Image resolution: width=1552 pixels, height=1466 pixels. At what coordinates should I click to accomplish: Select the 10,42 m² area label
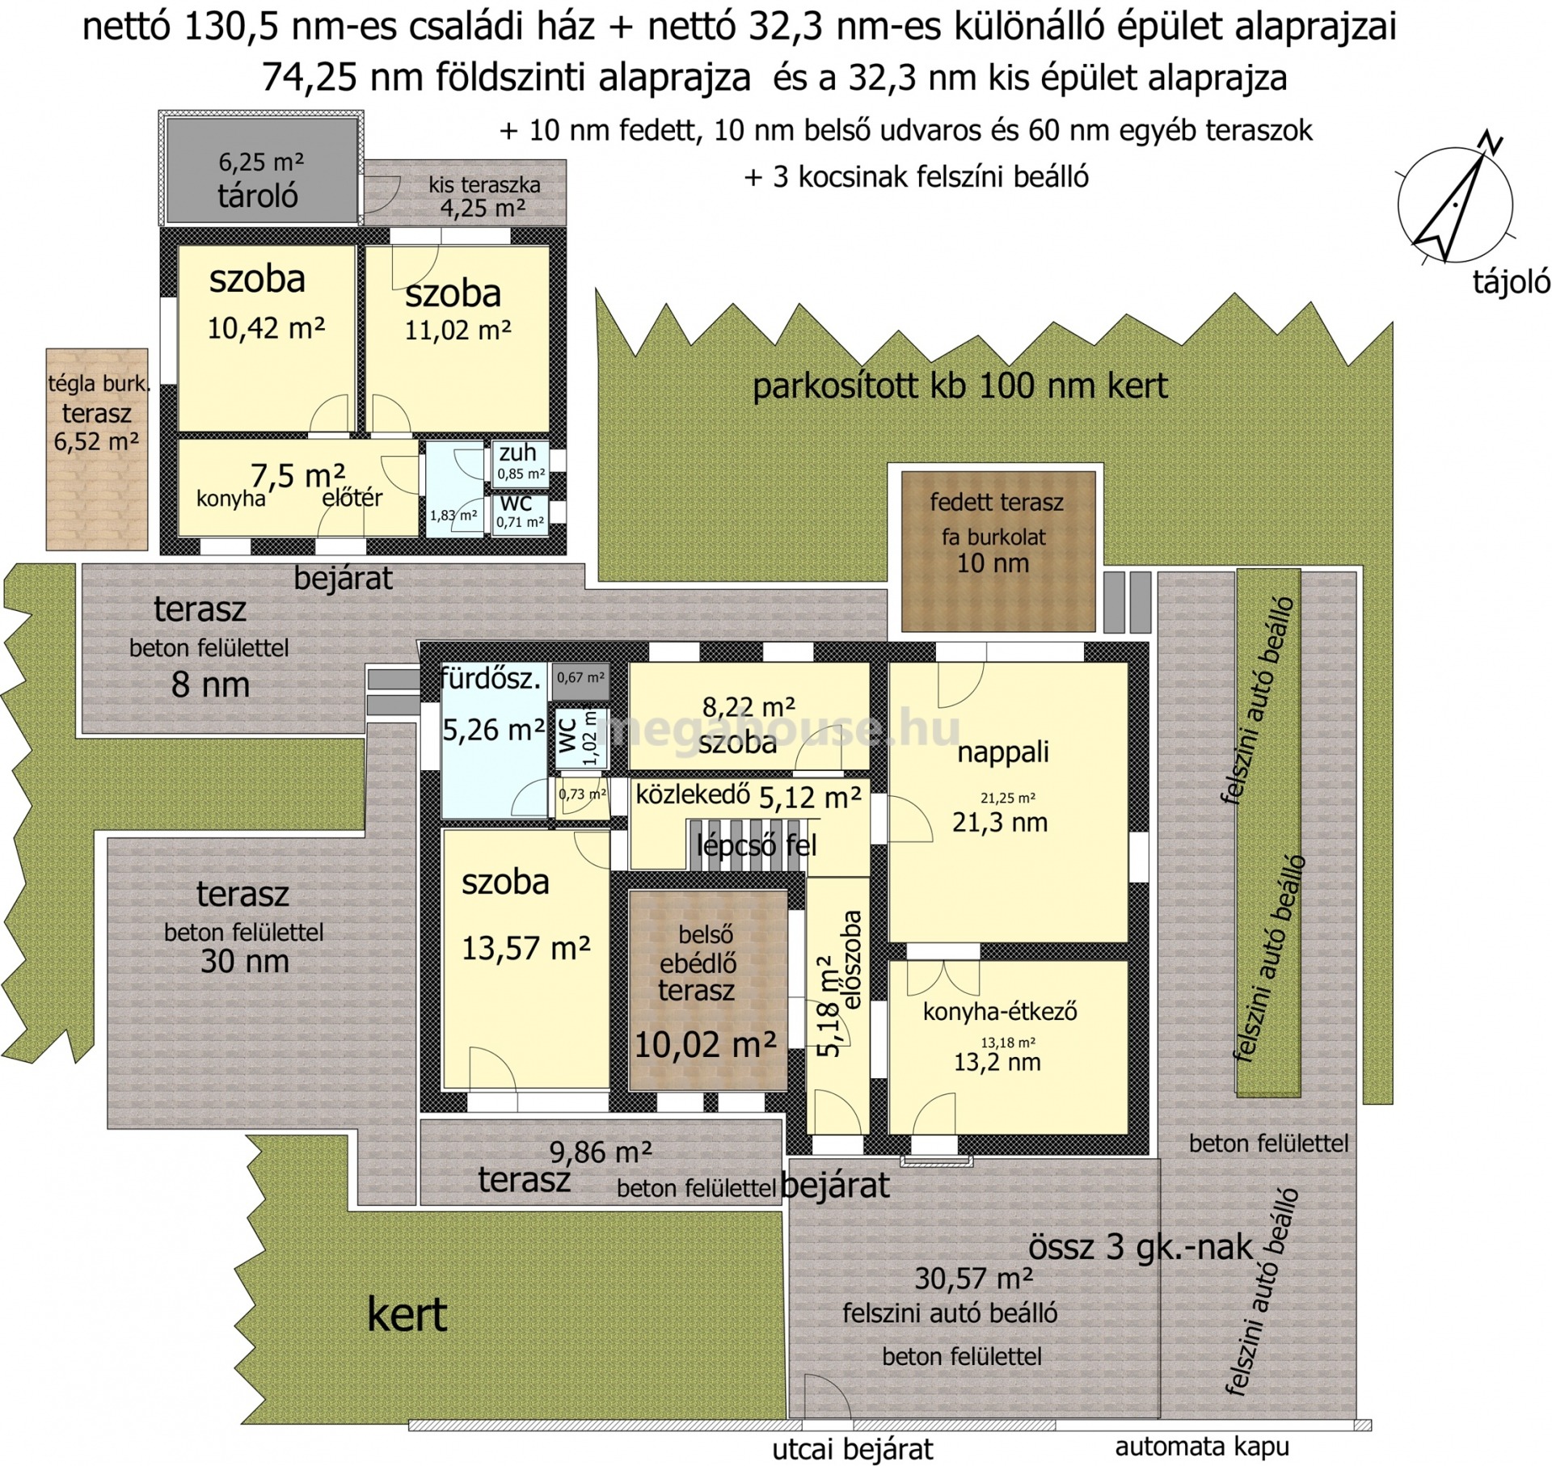[x=266, y=328]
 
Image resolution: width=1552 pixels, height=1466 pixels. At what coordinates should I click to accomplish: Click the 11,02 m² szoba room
[x=458, y=339]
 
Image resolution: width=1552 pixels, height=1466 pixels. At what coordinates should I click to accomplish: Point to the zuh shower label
[x=517, y=453]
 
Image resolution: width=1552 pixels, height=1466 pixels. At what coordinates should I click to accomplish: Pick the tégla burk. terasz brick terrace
[x=97, y=449]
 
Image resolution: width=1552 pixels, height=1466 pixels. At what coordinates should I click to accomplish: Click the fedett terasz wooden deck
[x=998, y=551]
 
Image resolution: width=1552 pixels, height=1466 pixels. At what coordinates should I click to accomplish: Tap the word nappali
[x=1003, y=752]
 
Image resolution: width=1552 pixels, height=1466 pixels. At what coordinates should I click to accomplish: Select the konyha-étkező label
[x=1000, y=1011]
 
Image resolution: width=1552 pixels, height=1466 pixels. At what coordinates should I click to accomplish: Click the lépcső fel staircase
[x=748, y=845]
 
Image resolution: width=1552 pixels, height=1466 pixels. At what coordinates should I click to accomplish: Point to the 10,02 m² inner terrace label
[x=705, y=1044]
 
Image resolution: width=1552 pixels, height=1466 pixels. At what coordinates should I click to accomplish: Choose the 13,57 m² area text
[x=525, y=947]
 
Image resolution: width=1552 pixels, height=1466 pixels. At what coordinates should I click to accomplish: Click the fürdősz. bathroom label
[x=491, y=679]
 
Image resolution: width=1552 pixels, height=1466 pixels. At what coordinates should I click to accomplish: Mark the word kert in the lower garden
[x=407, y=1315]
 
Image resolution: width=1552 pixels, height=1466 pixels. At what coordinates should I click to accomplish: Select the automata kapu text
[x=1202, y=1446]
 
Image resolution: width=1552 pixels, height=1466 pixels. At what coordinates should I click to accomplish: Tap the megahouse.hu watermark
[x=778, y=729]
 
